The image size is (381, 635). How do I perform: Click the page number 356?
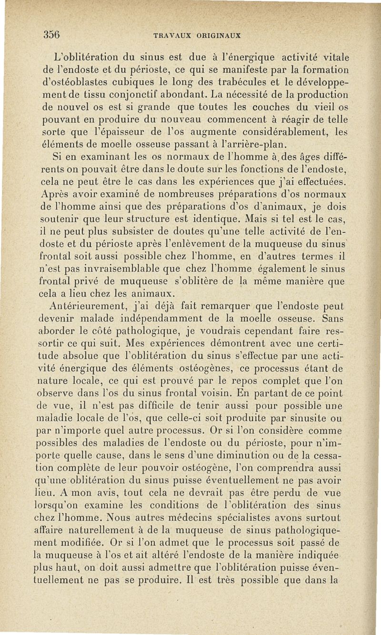[x=50, y=34]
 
